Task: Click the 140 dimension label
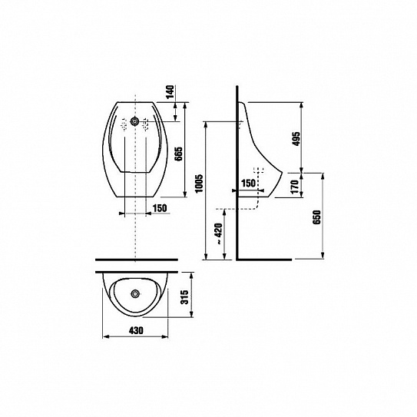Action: point(170,91)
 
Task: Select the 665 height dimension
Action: point(179,154)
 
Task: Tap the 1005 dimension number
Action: point(199,184)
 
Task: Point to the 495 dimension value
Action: point(296,138)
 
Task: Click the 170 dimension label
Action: point(295,187)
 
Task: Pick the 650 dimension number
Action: point(316,217)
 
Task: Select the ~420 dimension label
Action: point(219,233)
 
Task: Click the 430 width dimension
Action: point(136,330)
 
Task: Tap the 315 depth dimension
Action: point(184,297)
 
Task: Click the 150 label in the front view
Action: point(160,208)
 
